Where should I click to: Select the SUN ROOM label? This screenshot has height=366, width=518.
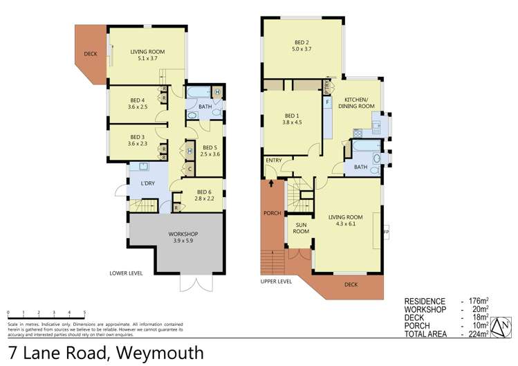click(x=301, y=228)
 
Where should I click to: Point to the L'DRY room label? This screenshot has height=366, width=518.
click(x=147, y=183)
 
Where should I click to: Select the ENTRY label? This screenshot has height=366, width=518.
click(x=275, y=161)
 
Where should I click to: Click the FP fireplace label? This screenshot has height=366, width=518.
click(x=386, y=232)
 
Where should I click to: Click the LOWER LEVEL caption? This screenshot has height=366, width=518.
click(x=126, y=273)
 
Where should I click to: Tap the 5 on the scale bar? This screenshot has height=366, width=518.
click(x=85, y=313)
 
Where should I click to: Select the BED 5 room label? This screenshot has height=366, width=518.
click(x=210, y=150)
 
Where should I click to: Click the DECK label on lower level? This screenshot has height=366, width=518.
click(x=90, y=53)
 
